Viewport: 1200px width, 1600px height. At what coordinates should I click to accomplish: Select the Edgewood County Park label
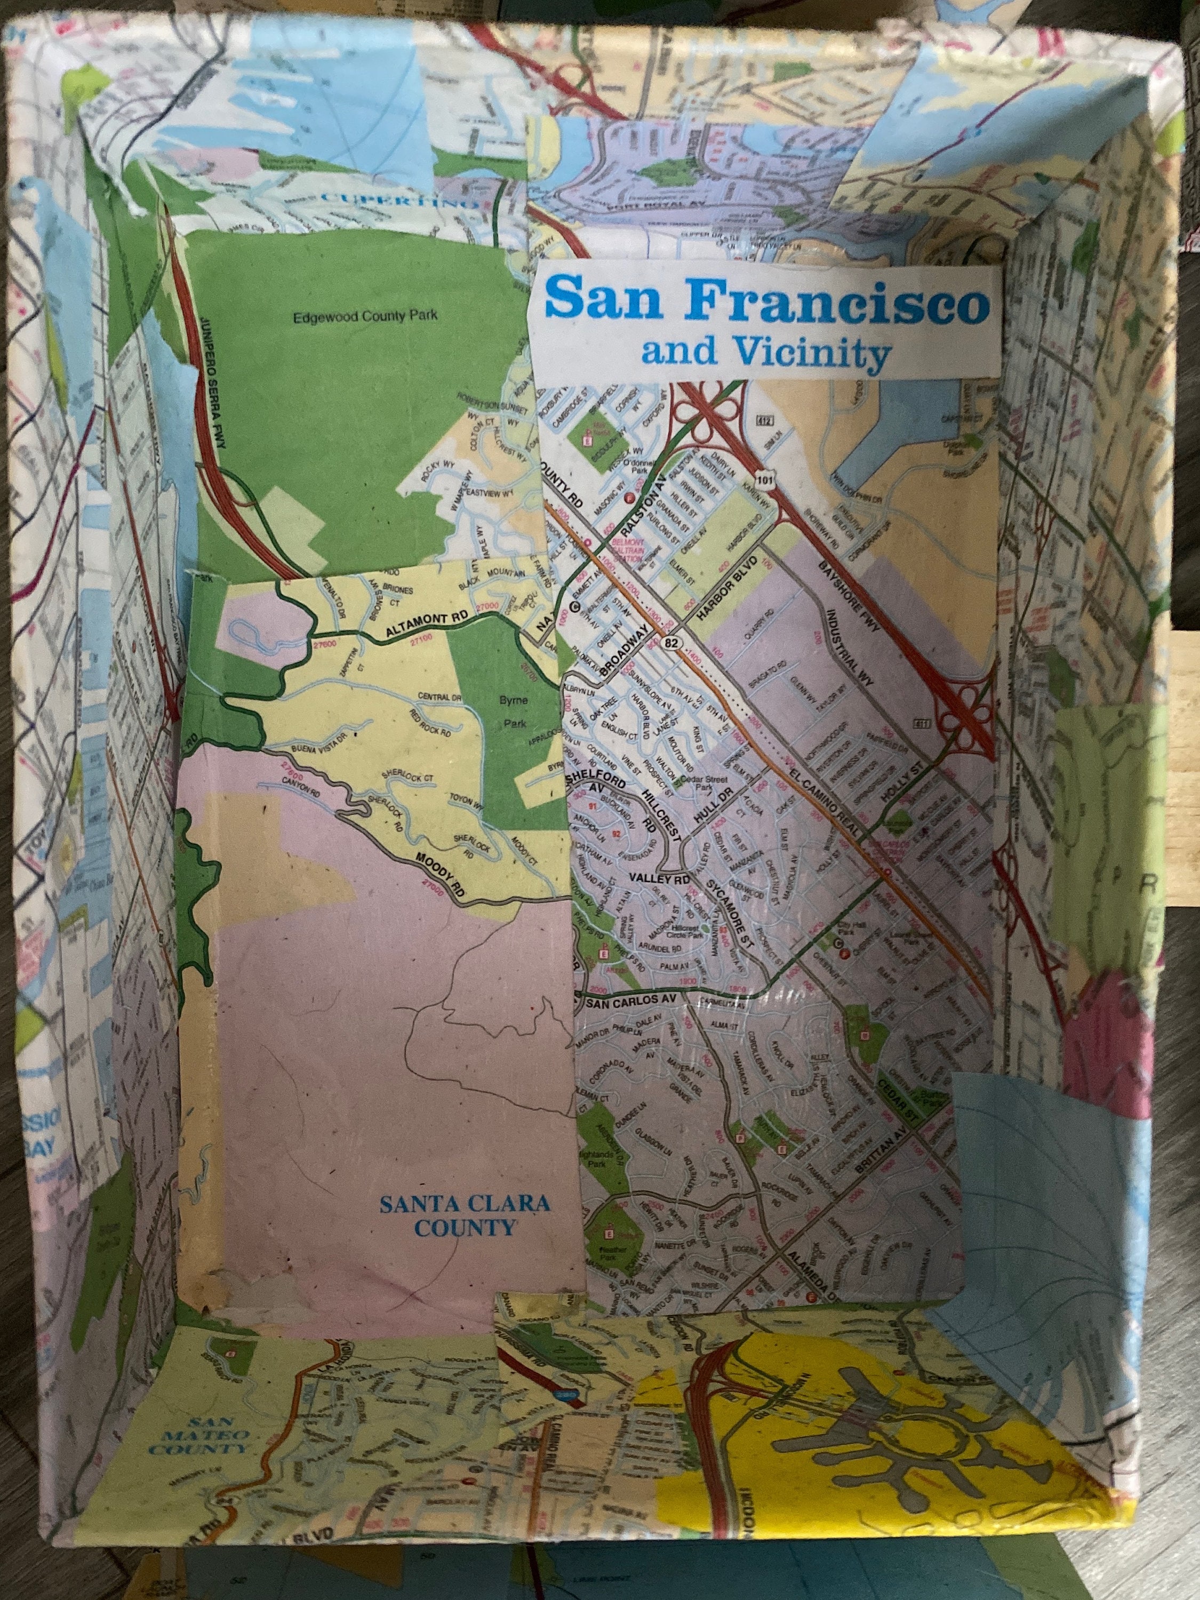click(x=365, y=316)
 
